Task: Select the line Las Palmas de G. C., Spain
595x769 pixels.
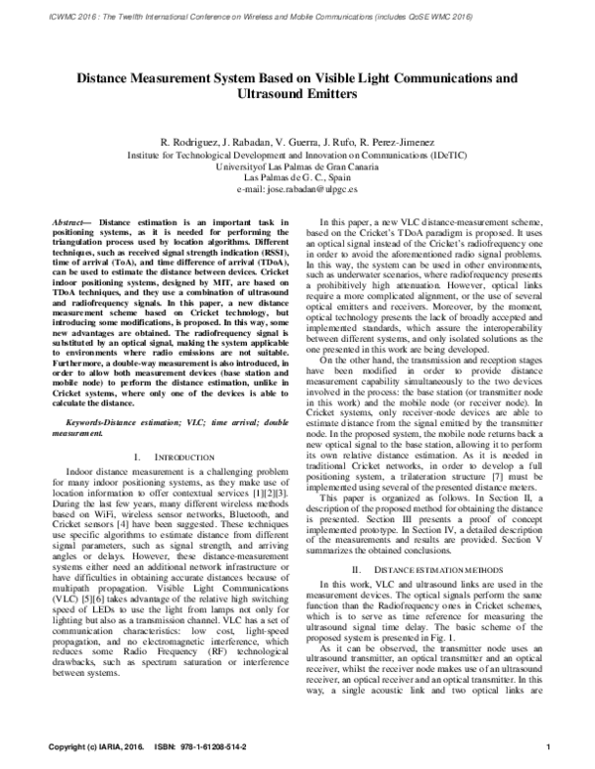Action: (297, 177)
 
